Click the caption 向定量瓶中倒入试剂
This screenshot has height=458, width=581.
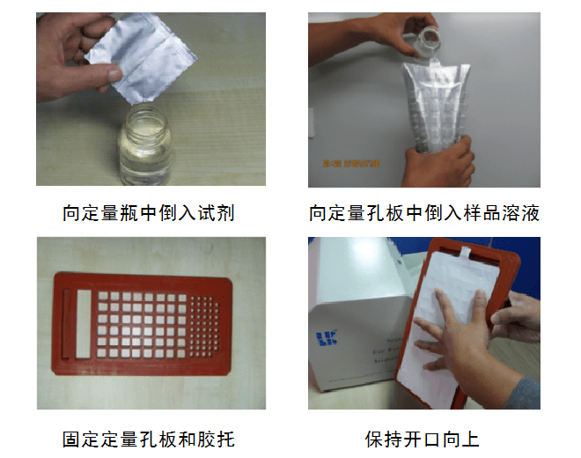click(149, 214)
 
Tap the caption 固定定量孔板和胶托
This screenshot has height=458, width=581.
click(149, 438)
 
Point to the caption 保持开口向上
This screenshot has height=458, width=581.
click(423, 438)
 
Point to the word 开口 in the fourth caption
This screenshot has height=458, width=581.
click(423, 438)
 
